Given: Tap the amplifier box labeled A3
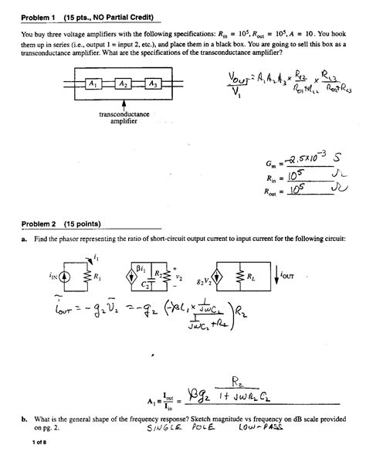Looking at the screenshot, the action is coord(153,84).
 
